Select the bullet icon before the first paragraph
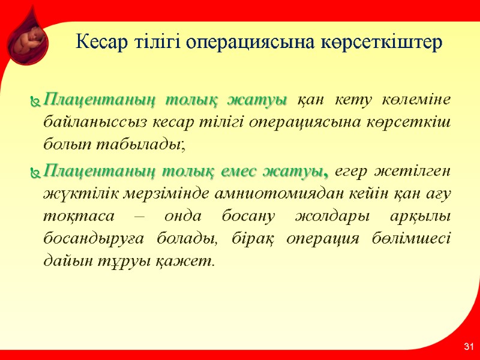[36, 101]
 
